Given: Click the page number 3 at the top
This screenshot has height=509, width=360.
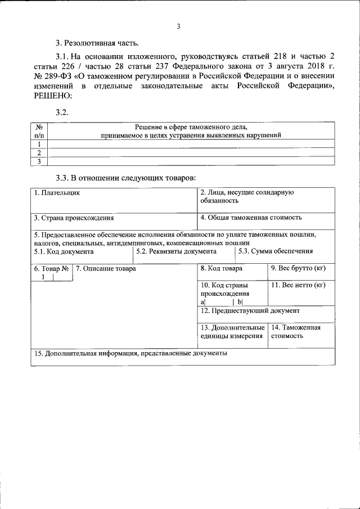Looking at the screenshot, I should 179,26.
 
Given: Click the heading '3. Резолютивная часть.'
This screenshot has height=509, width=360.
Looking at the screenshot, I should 96,43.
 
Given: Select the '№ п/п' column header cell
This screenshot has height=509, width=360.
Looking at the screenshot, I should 39,131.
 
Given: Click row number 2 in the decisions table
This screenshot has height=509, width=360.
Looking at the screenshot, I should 39,153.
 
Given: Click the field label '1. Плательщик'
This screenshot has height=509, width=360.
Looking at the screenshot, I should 57,193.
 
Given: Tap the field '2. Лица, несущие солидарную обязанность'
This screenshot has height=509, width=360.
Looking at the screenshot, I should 247,196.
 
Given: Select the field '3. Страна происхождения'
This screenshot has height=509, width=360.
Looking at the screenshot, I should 74,218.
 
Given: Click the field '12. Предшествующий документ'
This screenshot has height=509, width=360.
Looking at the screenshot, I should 250,310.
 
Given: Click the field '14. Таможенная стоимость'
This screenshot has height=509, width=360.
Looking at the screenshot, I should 295,331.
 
